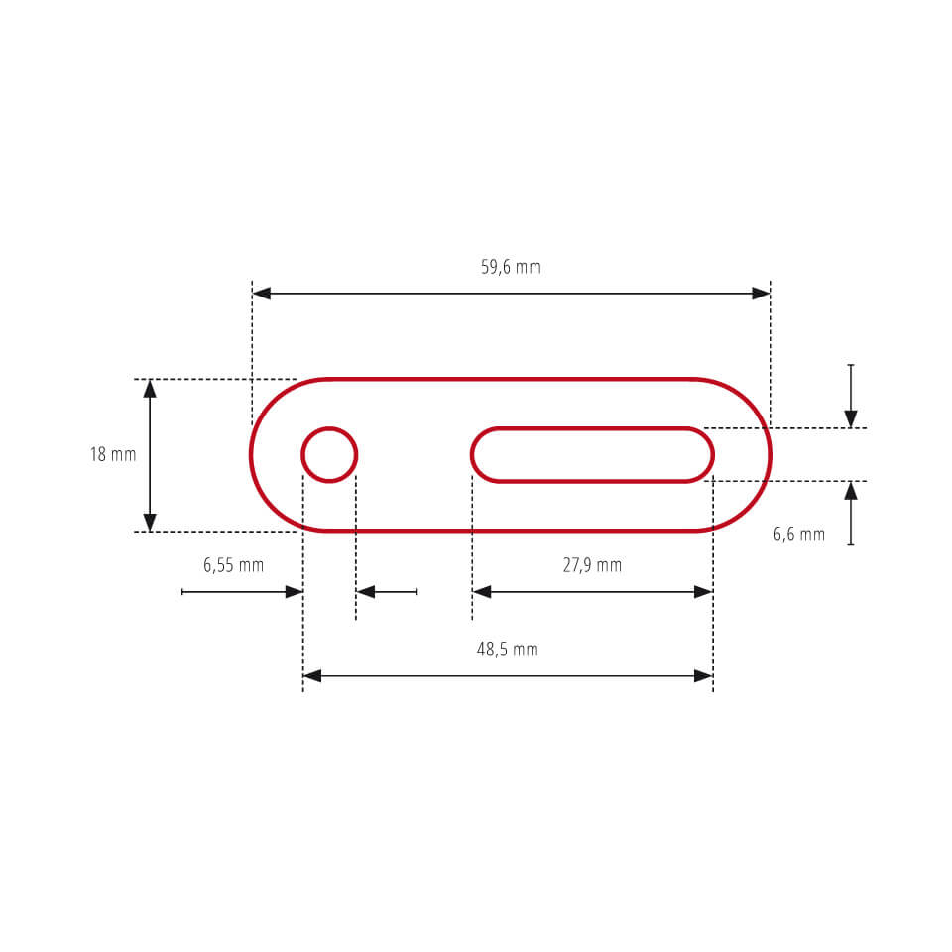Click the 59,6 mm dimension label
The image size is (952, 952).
pos(511,267)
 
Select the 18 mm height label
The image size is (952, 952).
pos(112,455)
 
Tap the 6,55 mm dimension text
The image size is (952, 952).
pos(233,565)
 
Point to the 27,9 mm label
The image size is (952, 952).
pos(592,565)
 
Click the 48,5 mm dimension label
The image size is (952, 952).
pos(507,650)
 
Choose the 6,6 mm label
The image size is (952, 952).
pos(798,535)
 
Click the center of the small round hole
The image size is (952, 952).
pos(329,455)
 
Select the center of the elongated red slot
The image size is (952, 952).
pos(592,455)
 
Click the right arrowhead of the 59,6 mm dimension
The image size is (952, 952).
pos(761,294)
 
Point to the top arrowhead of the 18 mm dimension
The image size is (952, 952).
pos(150,389)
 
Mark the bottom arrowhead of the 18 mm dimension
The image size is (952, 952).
pos(150,522)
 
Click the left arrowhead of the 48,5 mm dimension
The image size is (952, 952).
pos(312,676)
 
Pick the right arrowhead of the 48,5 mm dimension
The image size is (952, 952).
pos(703,676)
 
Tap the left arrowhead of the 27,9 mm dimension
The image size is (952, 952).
pos(482,592)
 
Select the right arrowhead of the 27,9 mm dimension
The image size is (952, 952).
pos(703,592)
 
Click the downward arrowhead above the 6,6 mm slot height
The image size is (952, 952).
pos(851,418)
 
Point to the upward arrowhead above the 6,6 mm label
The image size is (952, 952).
pos(851,490)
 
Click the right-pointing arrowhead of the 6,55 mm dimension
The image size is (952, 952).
pos(294,592)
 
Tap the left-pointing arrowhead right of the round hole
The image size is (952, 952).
pos(366,592)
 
